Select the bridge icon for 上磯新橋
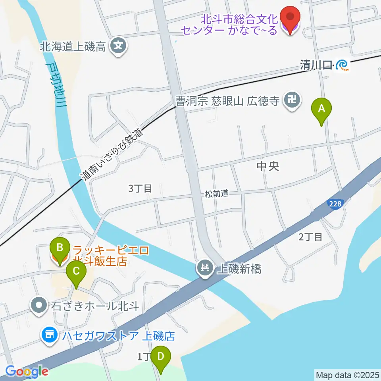(205, 268)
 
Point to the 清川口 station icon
(343, 65)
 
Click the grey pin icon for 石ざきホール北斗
(39, 306)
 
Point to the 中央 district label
(268, 166)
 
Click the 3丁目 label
(140, 188)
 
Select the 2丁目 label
(310, 237)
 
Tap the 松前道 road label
(216, 194)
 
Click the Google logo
(27, 371)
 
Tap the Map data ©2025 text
(347, 375)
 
